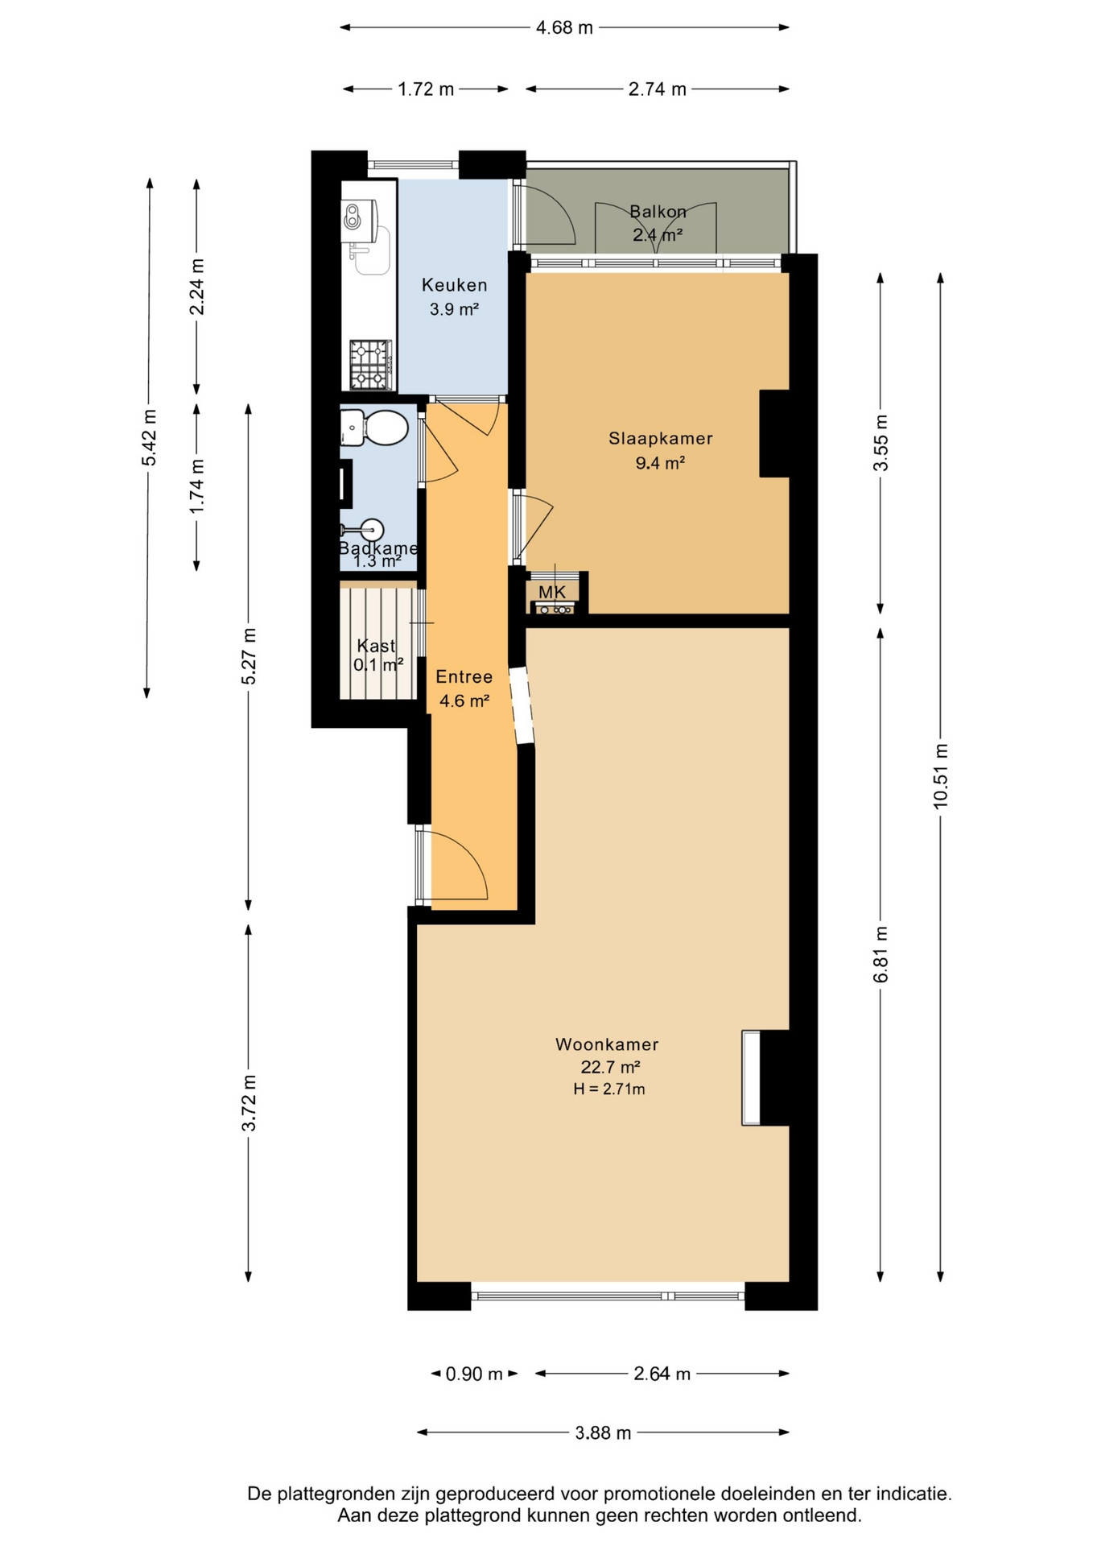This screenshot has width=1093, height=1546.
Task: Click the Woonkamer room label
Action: coord(607,1044)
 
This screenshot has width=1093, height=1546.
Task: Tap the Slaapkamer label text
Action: coord(660,439)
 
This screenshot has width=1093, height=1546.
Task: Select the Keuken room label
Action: coord(455,285)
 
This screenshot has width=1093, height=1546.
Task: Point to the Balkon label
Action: coord(658,212)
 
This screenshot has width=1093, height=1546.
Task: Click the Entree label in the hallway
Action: coord(464,677)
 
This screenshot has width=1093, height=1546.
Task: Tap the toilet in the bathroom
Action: coord(374,428)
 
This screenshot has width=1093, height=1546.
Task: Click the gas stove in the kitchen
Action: coord(371,365)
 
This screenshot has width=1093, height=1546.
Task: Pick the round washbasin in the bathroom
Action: coord(370,531)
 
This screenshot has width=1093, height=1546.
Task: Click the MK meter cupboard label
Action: coord(552,593)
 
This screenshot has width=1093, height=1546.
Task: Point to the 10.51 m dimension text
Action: coord(940,776)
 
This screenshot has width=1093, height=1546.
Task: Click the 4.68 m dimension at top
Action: coord(564,27)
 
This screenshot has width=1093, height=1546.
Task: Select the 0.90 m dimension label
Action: coord(474,1374)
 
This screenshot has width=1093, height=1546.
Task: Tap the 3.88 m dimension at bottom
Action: coord(603,1432)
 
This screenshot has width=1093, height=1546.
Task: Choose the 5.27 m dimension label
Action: coord(249,656)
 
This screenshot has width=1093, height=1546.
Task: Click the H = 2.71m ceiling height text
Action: coord(609,1089)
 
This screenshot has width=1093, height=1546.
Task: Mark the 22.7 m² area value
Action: coord(610,1068)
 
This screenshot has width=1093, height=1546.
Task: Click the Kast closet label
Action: coord(376,646)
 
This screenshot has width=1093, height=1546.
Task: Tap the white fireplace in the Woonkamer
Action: coord(751,1077)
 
